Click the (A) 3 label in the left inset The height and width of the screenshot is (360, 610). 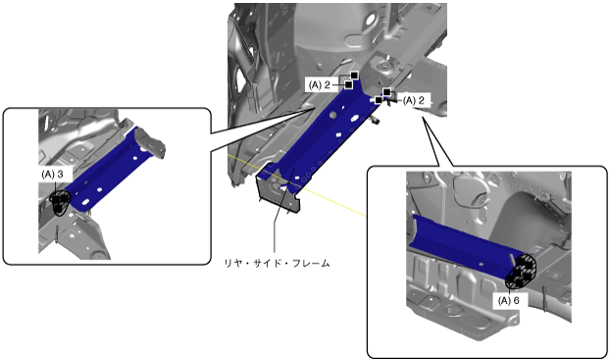(52, 175)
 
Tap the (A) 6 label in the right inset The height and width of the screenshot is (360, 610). (508, 300)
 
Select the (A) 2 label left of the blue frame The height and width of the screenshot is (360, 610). (320, 84)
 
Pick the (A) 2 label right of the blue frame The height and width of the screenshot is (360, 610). (414, 100)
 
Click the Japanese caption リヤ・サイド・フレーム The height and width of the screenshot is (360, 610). (277, 263)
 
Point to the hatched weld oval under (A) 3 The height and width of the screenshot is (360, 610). (60, 203)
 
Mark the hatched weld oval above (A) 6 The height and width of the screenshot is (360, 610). (521, 271)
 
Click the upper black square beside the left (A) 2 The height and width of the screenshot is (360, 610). (354, 76)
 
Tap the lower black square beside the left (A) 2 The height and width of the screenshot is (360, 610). (348, 84)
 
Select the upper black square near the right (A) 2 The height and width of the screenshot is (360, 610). (386, 92)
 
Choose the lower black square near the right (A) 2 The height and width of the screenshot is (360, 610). (379, 100)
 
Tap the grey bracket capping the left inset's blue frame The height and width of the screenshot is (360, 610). (151, 142)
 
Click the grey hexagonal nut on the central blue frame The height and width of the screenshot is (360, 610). (332, 115)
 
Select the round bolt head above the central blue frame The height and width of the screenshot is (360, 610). (384, 67)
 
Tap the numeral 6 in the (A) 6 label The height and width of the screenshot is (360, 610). (516, 300)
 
